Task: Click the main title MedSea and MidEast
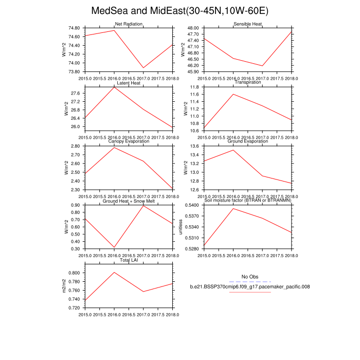(x=179, y=11)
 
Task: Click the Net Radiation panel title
(x=129, y=24)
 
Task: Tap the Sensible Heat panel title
(x=248, y=24)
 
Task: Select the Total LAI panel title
(x=129, y=260)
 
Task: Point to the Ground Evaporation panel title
(x=248, y=141)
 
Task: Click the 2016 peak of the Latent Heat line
(x=114, y=87)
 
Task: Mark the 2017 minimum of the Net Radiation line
(x=143, y=68)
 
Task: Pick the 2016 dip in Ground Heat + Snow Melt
(x=114, y=248)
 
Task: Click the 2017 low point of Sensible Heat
(x=263, y=66)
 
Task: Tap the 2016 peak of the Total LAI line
(x=114, y=272)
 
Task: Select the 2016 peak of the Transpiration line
(x=233, y=94)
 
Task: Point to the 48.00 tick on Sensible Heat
(x=193, y=28)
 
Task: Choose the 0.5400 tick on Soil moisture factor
(x=192, y=205)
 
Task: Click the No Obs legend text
(x=249, y=277)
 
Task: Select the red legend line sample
(x=249, y=292)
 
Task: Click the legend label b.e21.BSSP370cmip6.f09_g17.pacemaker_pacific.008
(x=249, y=286)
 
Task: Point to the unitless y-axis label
(x=181, y=227)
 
